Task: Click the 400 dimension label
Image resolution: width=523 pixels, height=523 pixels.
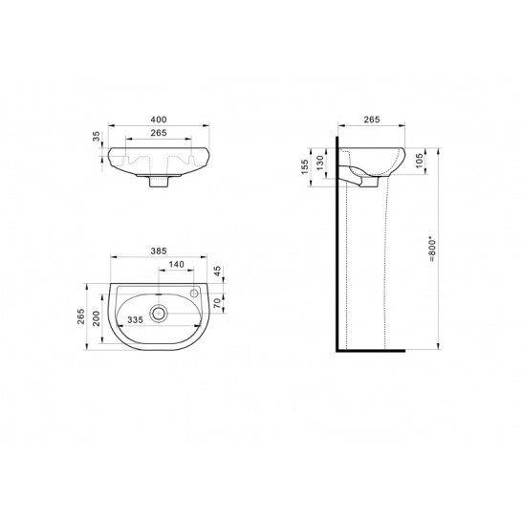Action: coord(159,120)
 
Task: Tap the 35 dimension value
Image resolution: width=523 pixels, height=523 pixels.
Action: coord(97,136)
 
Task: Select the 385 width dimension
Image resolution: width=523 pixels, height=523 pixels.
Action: coord(159,251)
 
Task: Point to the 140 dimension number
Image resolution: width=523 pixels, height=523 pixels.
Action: coord(177,264)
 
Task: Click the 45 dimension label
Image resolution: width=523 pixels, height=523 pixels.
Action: coord(217,271)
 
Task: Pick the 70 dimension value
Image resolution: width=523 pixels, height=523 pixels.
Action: coord(217,303)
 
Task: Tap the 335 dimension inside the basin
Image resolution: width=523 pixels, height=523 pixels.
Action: coord(135,320)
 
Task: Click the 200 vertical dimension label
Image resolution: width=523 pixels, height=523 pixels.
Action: coord(97,318)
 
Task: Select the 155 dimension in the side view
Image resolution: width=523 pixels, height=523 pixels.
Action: coord(305,166)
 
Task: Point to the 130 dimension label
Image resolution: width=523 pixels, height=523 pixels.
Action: coord(320,163)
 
